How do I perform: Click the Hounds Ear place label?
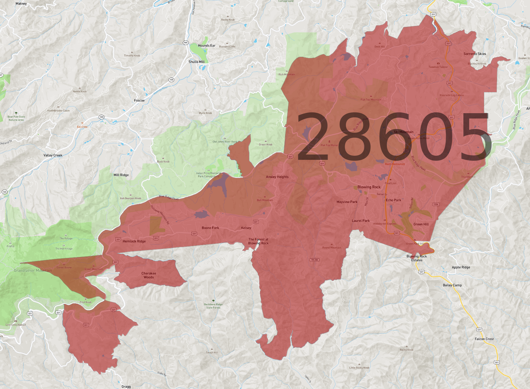pyautogui.click(x=206, y=45)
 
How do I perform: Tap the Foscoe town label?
pyautogui.click(x=139, y=101)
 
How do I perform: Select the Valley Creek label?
pyautogui.click(x=53, y=155)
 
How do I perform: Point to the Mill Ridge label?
pyautogui.click(x=121, y=175)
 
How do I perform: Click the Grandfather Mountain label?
pyautogui.click(x=33, y=270)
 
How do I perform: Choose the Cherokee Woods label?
pyautogui.click(x=149, y=275)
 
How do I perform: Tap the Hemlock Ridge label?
pyautogui.click(x=134, y=241)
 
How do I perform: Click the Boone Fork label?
pyautogui.click(x=210, y=228)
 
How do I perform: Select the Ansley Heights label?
pyautogui.click(x=277, y=177)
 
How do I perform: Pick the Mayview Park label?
pyautogui.click(x=347, y=202)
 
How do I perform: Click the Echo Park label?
pyautogui.click(x=393, y=200)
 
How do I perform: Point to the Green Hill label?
pyautogui.click(x=421, y=224)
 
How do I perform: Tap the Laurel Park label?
pyautogui.click(x=361, y=221)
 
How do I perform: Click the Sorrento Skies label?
pyautogui.click(x=475, y=54)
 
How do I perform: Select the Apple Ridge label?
pyautogui.click(x=461, y=267)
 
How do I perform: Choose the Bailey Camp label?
pyautogui.click(x=452, y=285)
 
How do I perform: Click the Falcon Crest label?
pyautogui.click(x=484, y=339)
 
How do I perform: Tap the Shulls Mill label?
pyautogui.click(x=196, y=62)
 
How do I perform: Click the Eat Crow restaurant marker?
pyautogui.click(x=82, y=123)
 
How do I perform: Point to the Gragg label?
pyautogui.click(x=126, y=386)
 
